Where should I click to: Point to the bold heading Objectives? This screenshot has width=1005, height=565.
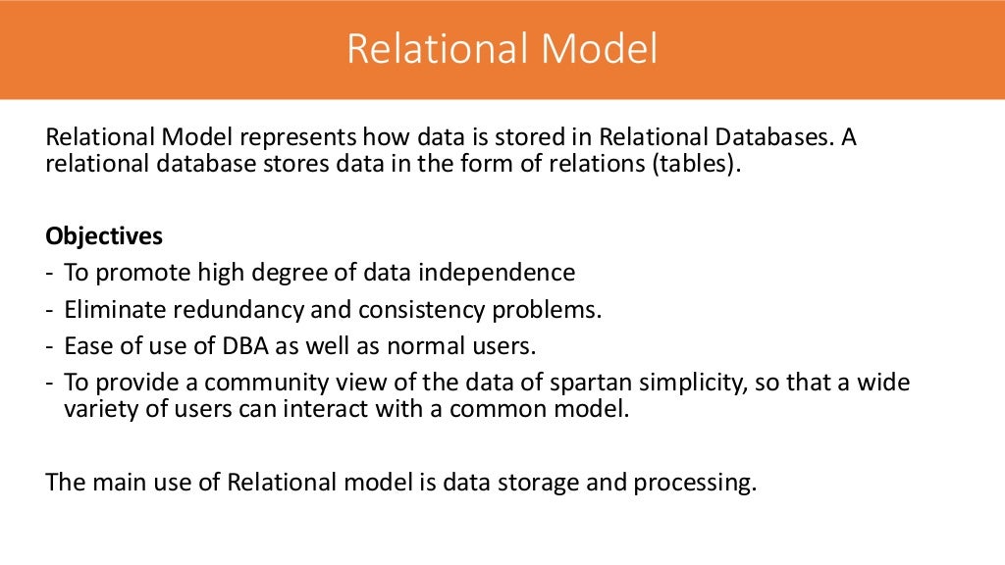point(104,237)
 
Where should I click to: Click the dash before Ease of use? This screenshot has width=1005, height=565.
point(50,346)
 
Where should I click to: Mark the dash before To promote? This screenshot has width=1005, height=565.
point(50,273)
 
